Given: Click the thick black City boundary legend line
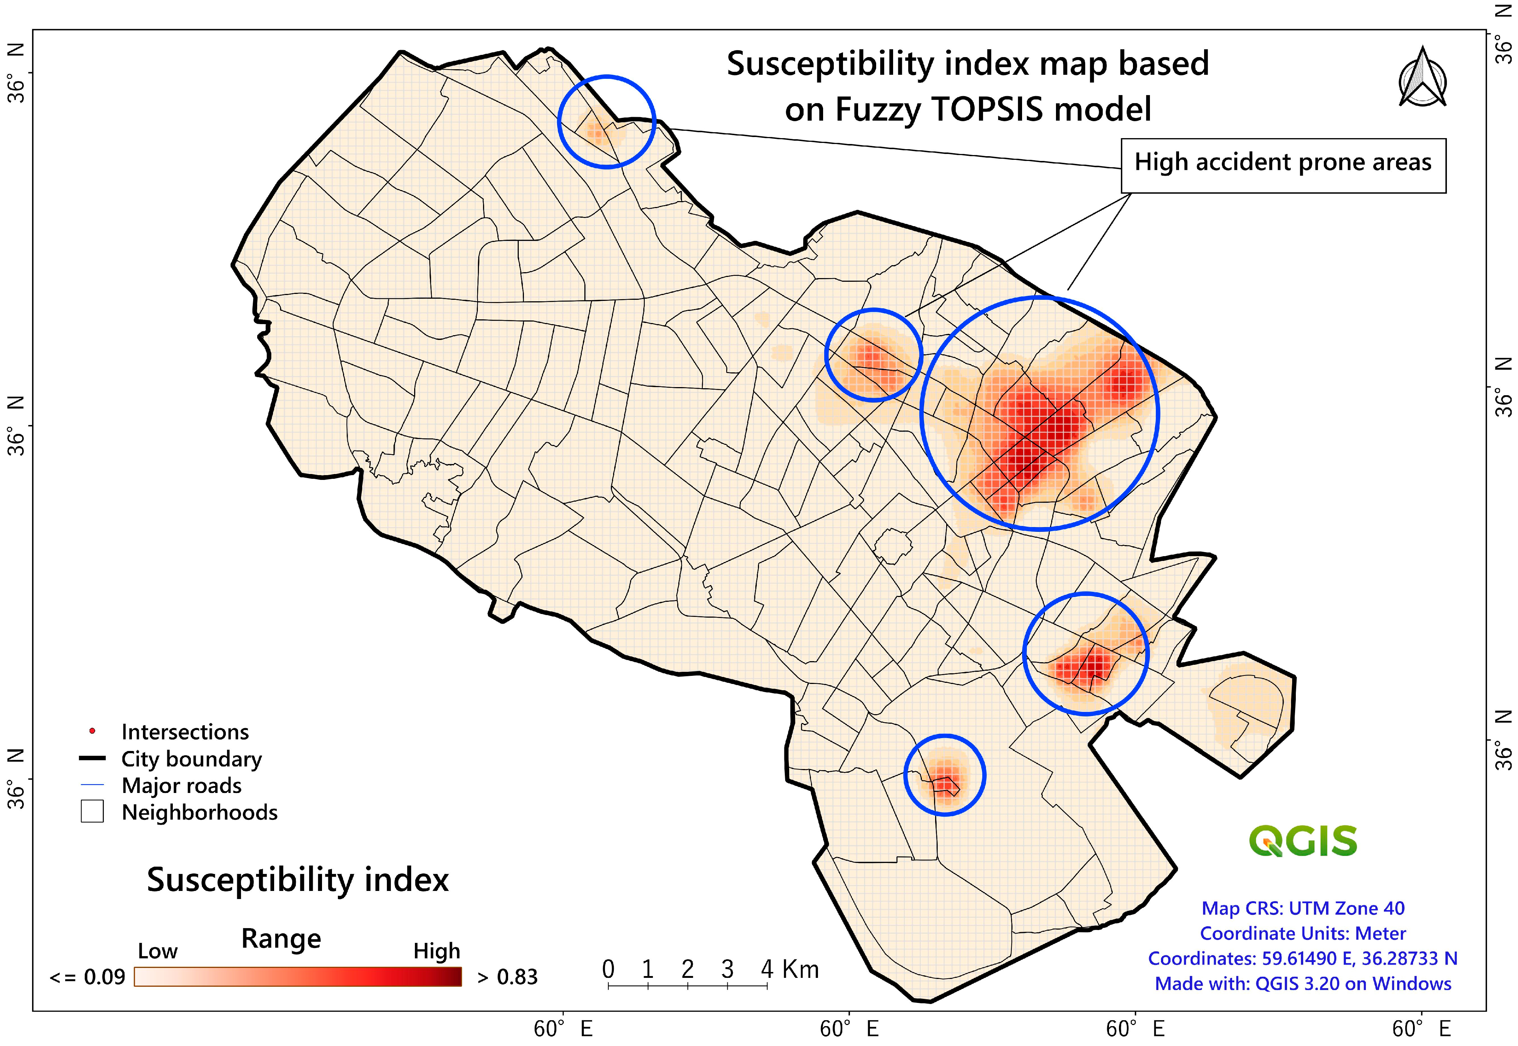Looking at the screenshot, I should [x=92, y=758].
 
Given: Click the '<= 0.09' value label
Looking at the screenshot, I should [x=87, y=977].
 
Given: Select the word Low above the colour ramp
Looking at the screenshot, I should [x=157, y=951].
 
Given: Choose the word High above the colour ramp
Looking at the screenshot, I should [x=437, y=951].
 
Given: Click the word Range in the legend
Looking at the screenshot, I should [x=281, y=938].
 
